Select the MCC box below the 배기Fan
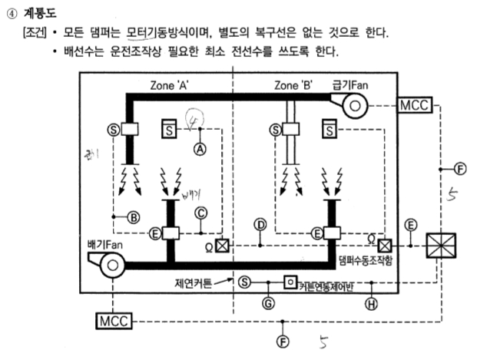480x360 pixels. (x=114, y=319)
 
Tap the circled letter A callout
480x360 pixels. (x=201, y=151)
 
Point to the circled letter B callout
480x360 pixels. (x=134, y=217)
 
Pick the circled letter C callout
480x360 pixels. (x=201, y=213)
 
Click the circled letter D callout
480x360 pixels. (x=260, y=223)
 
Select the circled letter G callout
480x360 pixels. (x=267, y=302)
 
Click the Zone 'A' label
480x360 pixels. (x=172, y=85)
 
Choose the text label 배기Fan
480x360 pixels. (x=105, y=244)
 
